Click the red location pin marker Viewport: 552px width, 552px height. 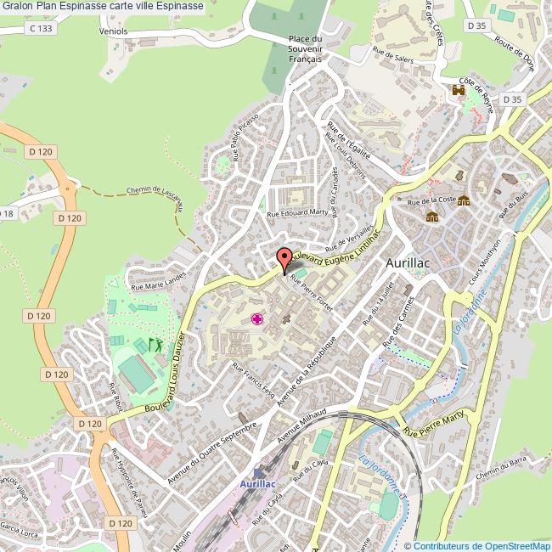[284, 258]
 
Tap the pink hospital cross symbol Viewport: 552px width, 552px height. [256, 319]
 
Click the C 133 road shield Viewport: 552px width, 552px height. [39, 28]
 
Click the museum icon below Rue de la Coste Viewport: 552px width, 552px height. [432, 217]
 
